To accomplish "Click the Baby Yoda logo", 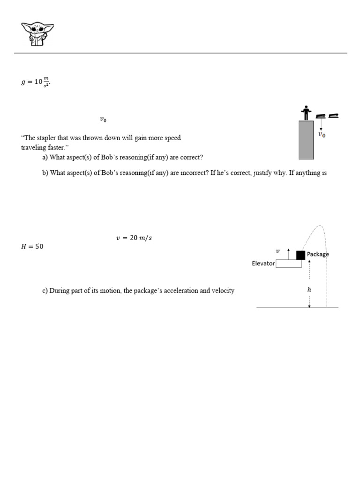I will (37, 34).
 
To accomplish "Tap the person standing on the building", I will (306, 112).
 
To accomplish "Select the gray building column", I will (306, 140).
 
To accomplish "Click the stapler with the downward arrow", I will (321, 116).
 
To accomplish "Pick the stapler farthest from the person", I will (334, 115).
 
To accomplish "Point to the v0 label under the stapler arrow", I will (322, 135).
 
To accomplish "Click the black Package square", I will (300, 255).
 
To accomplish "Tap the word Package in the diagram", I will (318, 254).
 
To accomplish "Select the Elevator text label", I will (263, 263).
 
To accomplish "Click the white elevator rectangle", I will (288, 263).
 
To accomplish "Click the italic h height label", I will (309, 290).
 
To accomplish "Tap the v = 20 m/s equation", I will (134, 238).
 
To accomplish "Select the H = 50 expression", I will (32, 247).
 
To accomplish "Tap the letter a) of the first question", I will (45, 157).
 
